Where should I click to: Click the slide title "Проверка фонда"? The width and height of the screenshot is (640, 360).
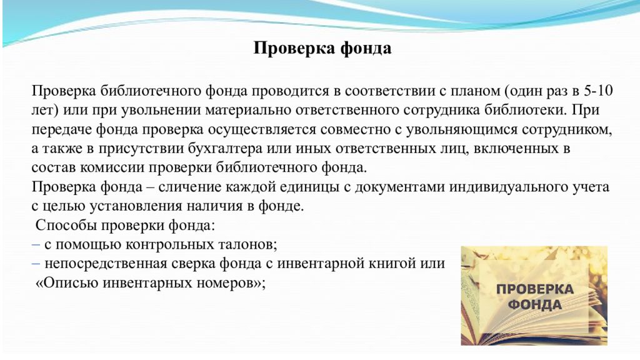pos(322,48)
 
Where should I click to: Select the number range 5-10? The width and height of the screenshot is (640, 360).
pos(598,90)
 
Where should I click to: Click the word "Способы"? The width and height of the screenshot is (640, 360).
pos(66,225)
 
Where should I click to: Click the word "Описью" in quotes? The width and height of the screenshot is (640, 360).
pos(67,283)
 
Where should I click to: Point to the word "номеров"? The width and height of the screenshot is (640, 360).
pos(226,283)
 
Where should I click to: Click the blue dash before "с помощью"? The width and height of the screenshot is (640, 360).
pos(36,244)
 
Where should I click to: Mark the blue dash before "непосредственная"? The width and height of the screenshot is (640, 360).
pos(36,264)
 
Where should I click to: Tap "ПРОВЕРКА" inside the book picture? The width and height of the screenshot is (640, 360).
pos(535,289)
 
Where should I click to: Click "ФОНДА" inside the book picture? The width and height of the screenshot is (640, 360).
pos(535,304)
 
